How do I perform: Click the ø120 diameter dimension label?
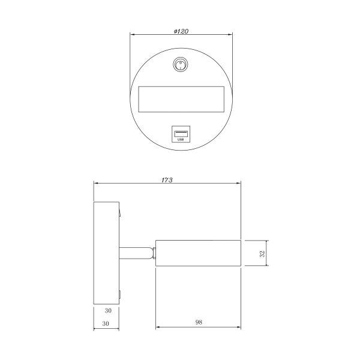181,31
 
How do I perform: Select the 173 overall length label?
167,180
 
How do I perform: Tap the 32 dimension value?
262,253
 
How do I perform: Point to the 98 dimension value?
199,322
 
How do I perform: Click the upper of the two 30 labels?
108,311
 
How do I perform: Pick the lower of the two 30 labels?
106,323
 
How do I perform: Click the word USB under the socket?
181,139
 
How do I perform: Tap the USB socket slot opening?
181,134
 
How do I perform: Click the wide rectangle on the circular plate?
181,100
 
